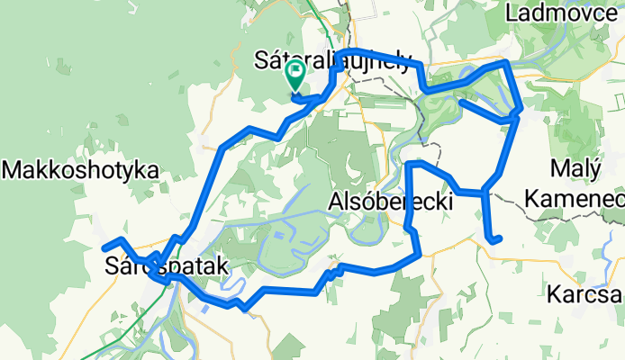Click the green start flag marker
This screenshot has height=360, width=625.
tap(294, 76)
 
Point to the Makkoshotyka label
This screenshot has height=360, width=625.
tap(81, 169)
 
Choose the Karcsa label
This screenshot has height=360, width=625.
tap(584, 295)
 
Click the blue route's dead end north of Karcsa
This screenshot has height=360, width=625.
tap(498, 239)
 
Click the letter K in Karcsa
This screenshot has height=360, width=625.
tap(555, 295)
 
